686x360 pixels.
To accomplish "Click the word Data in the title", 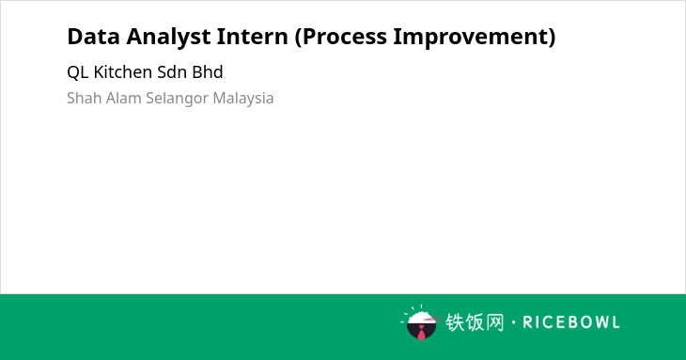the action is tap(93, 36).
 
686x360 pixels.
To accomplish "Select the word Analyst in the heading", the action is tap(168, 38).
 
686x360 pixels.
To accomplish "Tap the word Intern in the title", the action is tap(253, 36).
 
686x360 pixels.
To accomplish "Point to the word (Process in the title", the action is tap(341, 38).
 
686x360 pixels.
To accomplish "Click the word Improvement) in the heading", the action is tap(475, 38).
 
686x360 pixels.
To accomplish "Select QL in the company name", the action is tap(78, 72).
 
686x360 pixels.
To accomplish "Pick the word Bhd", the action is tap(208, 71).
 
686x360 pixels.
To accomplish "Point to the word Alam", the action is tap(124, 98).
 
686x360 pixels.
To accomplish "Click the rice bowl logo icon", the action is tap(420, 322).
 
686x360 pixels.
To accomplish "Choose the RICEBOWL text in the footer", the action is tap(571, 322).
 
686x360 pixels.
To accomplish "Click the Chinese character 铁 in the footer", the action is tap(455, 322).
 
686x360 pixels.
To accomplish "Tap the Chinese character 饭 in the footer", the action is tap(475, 322).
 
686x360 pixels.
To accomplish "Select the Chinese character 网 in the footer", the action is tap(495, 322).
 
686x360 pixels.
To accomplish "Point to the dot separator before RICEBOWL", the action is tap(514, 322).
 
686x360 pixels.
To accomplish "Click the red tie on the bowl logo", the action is tap(421, 334).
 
